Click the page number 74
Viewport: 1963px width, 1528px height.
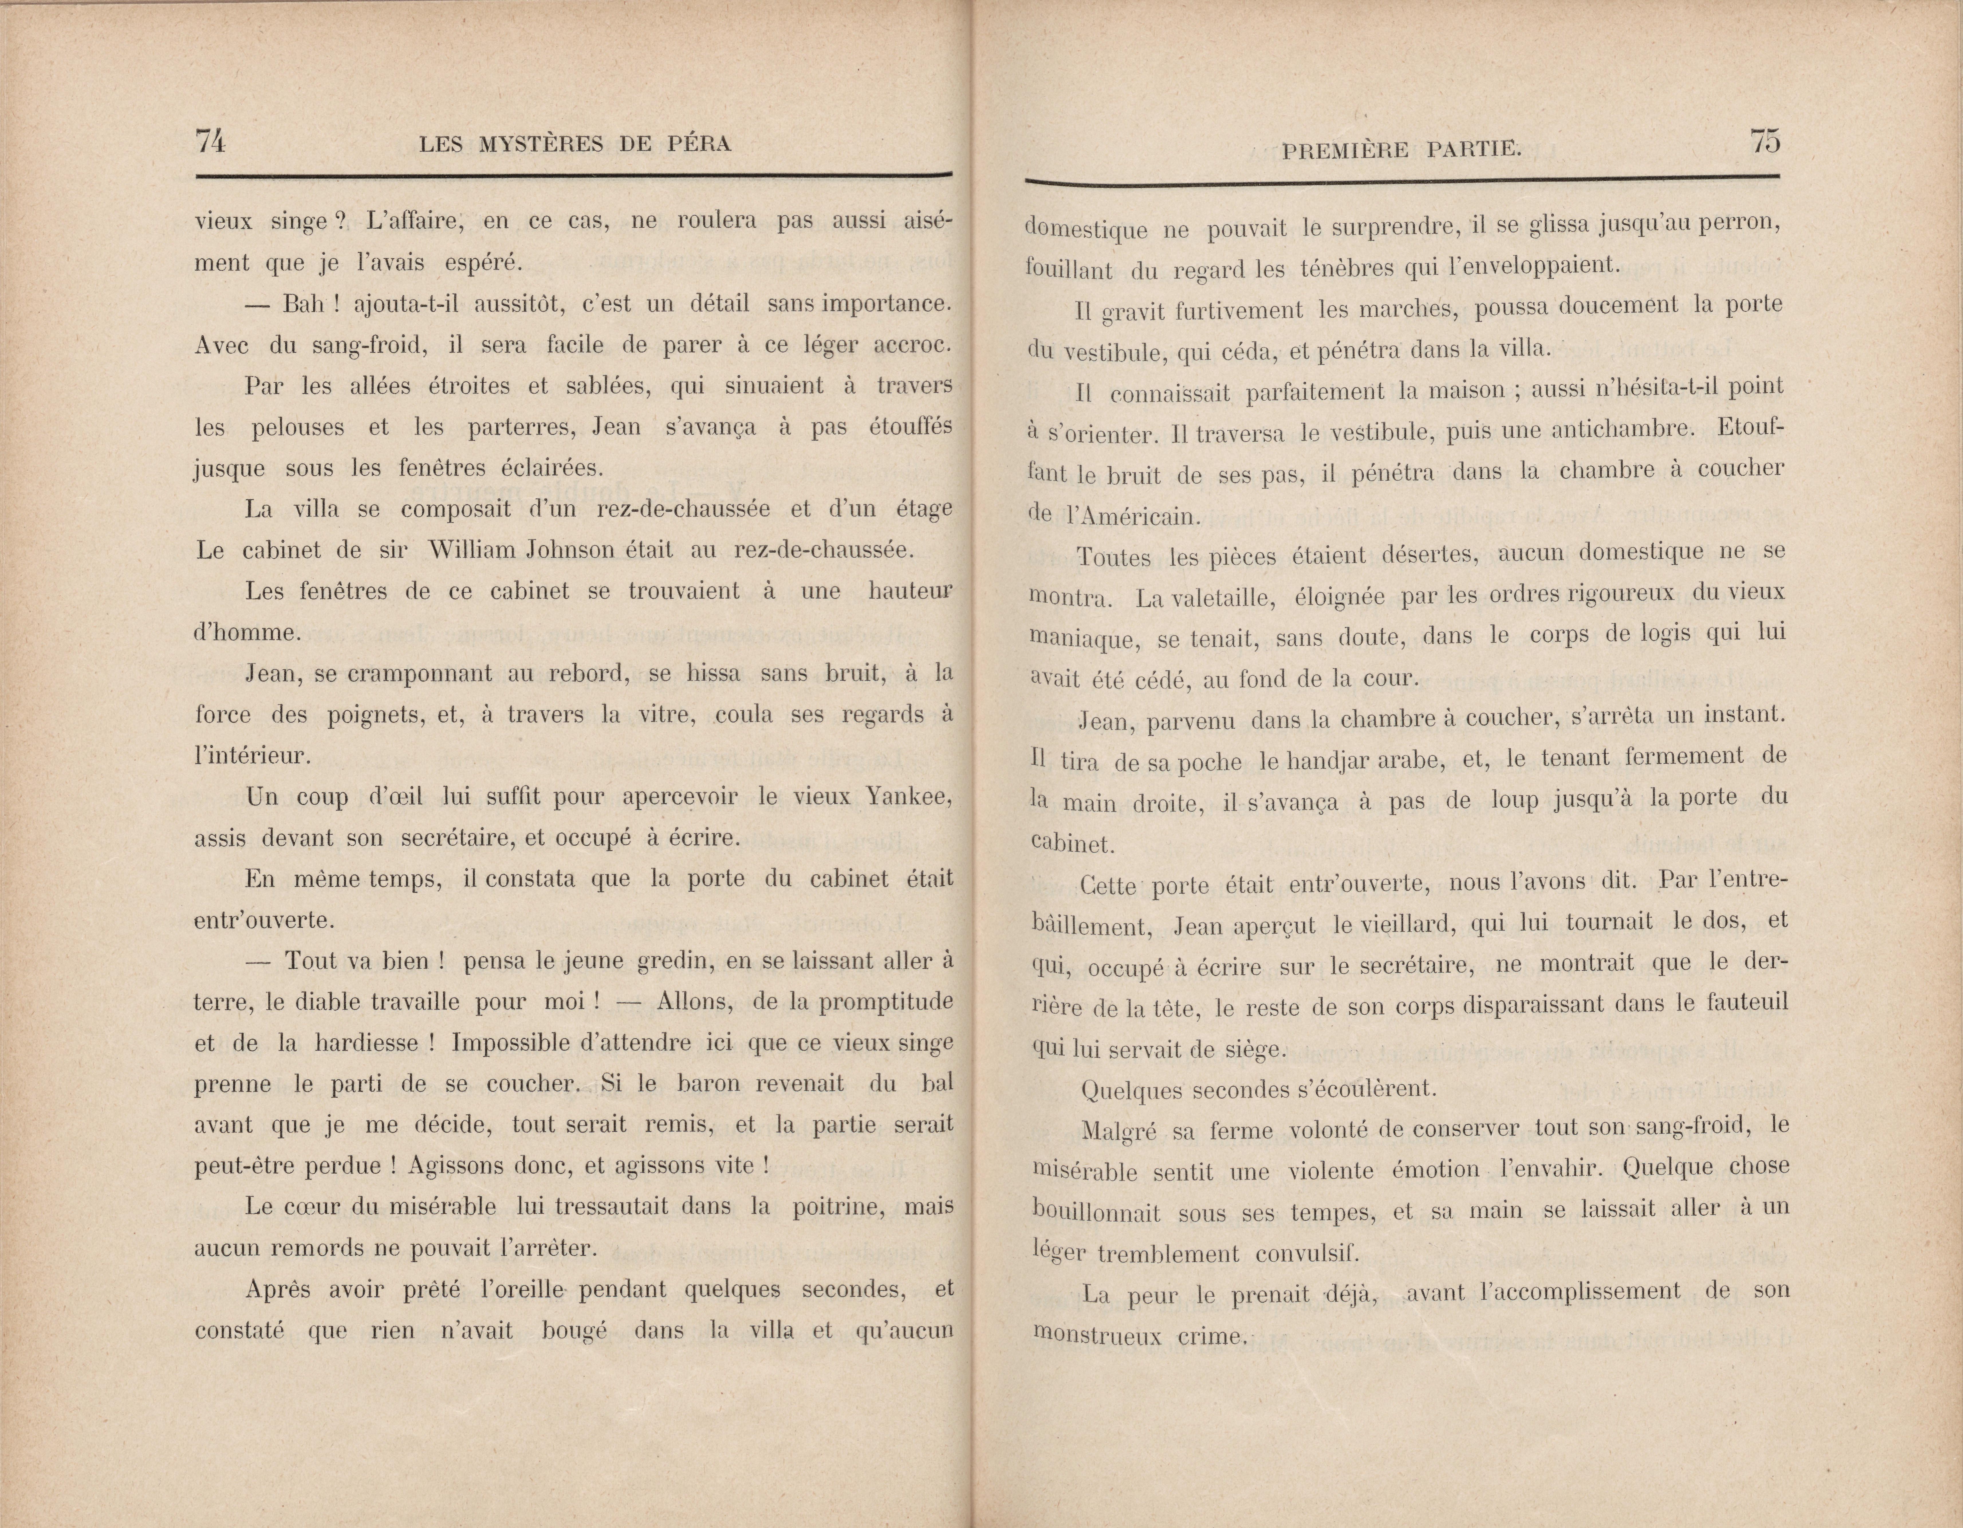point(210,142)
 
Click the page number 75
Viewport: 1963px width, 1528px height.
point(1764,142)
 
